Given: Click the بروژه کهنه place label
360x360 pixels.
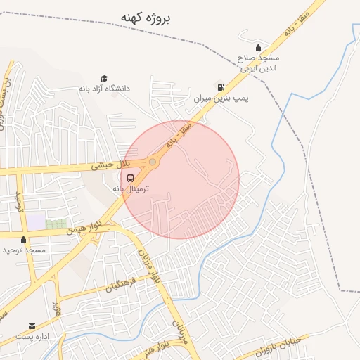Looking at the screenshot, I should click(146, 18).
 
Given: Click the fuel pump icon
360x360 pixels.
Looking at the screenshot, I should click(221, 87).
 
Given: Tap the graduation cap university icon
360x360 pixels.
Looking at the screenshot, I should click(104, 78).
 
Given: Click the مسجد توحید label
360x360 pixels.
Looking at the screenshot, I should click(24, 250).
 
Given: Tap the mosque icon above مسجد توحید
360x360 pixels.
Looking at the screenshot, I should click(24, 239).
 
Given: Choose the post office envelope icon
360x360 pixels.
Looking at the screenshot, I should click(32, 326).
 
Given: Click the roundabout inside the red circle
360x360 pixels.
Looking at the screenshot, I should click(153, 162).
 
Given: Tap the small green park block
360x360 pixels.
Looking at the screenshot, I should click(56, 224).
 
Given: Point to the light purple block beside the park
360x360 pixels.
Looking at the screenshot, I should click(37, 221).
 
